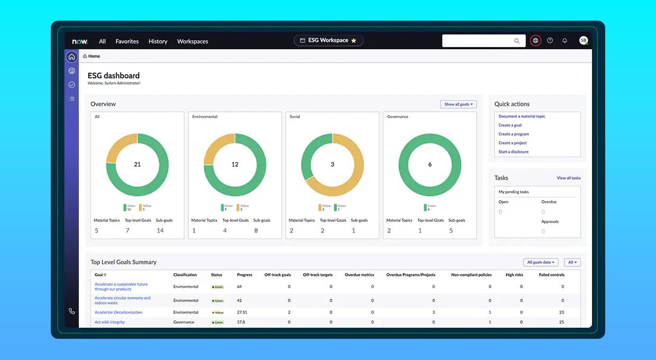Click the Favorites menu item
coord(127,41)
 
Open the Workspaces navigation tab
coord(193,41)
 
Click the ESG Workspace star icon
coord(354,41)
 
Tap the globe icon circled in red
coord(535,41)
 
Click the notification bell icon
coord(564,41)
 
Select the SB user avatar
coord(583,41)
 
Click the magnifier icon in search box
coord(517,41)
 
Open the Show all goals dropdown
coord(458,104)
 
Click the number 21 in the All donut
coord(137,165)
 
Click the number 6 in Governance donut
coord(430,165)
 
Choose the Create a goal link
coord(510,125)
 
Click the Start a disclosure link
coord(513,152)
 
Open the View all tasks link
coord(568,178)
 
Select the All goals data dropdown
coord(541,263)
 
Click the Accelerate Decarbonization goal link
coord(119,312)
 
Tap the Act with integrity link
coord(110,322)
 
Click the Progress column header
coord(244,275)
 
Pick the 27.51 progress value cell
coord(242,312)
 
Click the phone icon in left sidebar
coord(71,311)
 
